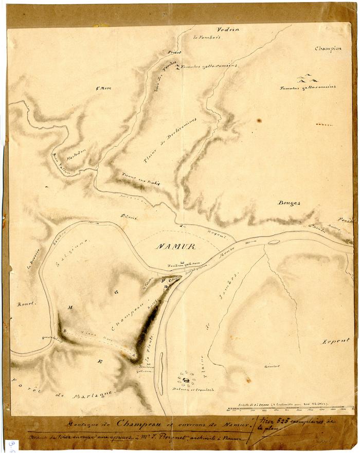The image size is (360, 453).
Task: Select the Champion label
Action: [x=329, y=49]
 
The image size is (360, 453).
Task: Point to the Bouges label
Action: [x=289, y=203]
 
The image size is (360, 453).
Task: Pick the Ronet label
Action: [x=26, y=303]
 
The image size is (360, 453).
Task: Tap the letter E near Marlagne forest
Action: [x=100, y=361]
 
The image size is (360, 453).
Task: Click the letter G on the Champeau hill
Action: [x=117, y=292]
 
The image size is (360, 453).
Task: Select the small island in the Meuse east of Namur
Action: [x=274, y=241]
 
